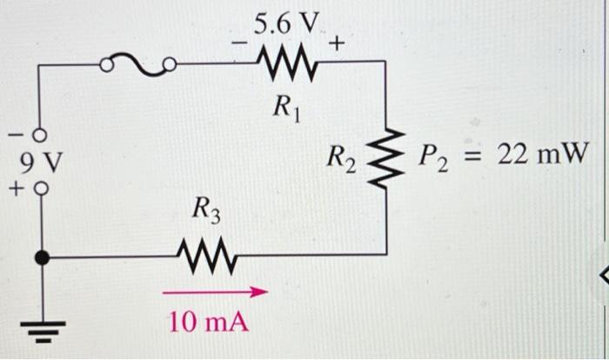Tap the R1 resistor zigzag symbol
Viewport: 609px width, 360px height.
click(283, 62)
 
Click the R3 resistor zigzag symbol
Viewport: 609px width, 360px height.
click(206, 256)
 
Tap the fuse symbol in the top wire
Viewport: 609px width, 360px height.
click(138, 63)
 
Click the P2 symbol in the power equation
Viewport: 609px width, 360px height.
click(434, 157)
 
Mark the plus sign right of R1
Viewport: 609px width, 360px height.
click(336, 41)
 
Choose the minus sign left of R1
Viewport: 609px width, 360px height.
click(234, 41)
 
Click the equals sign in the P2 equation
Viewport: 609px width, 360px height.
click(473, 156)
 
